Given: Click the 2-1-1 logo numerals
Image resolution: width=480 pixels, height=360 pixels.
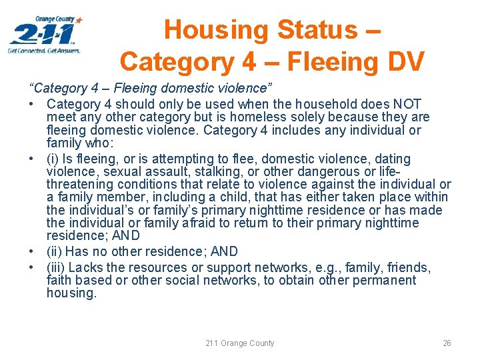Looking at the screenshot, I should tap(42, 33).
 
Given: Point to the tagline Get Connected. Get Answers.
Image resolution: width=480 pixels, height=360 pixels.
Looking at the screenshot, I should tap(44, 51).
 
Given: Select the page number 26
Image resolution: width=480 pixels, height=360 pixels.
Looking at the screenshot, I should tap(447, 343).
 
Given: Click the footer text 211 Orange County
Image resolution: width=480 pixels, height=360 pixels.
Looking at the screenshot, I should tap(240, 343).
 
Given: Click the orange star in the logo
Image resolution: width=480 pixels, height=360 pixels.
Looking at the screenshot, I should tap(79, 21).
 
